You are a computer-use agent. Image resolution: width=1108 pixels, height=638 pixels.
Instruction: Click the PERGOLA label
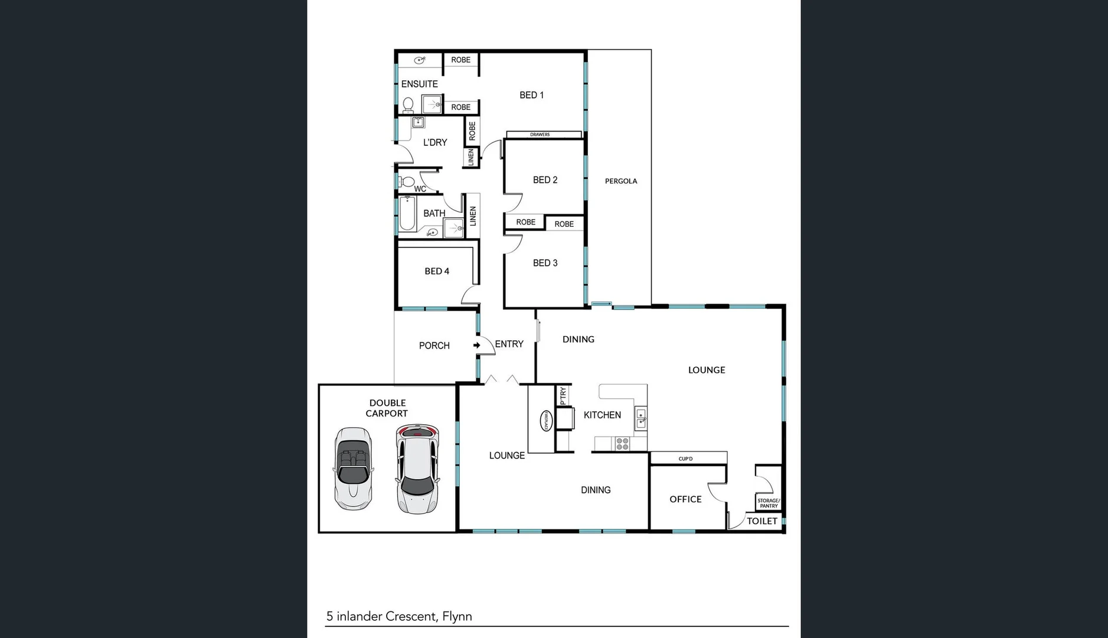pos(620,181)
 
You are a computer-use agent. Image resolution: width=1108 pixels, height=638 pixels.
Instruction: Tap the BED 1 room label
pos(531,95)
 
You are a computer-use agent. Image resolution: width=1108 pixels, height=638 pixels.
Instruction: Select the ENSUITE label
pos(419,84)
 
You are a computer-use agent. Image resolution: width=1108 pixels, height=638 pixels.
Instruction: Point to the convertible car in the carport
pos(353,469)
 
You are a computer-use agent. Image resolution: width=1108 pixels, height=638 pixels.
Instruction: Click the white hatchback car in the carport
pos(417,469)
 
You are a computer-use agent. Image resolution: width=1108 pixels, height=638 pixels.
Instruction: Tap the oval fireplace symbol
pos(546,421)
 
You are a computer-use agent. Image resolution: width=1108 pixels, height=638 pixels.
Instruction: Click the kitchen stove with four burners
pos(622,443)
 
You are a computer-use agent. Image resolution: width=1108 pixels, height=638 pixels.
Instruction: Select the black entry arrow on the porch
pos(476,345)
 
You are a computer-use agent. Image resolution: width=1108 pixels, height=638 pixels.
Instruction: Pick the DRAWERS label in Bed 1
pos(540,135)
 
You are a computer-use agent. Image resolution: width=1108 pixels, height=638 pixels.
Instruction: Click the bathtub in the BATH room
pos(407,214)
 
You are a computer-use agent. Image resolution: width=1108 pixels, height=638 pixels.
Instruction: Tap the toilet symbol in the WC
pos(406,181)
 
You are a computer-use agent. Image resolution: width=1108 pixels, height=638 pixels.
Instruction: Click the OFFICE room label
pos(685,499)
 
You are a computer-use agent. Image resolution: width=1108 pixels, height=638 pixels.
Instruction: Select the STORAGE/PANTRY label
pos(769,503)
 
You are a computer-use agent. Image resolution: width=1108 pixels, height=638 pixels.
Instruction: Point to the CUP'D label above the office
pos(685,458)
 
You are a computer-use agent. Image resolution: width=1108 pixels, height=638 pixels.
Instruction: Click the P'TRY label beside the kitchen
pos(563,395)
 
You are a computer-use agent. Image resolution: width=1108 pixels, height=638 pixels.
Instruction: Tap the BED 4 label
pos(437,271)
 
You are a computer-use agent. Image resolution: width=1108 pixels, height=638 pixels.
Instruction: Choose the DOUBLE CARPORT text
pos(387,408)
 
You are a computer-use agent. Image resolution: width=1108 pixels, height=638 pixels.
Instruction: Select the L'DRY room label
pos(435,142)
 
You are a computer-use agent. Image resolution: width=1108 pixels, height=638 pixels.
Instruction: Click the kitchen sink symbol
pos(641,418)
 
